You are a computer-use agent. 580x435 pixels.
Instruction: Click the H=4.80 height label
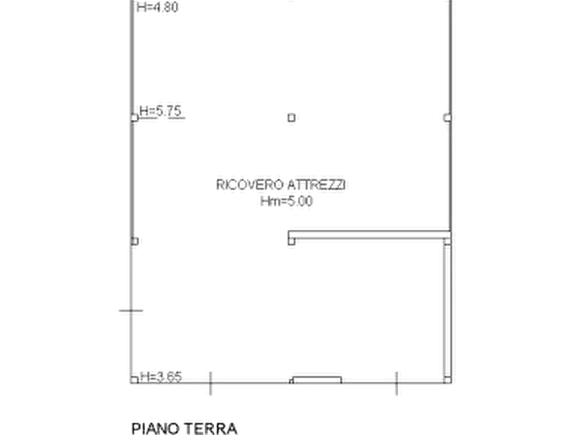(158, 7)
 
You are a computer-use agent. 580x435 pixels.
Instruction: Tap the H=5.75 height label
(160, 110)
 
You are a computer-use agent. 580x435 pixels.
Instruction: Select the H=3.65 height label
(161, 377)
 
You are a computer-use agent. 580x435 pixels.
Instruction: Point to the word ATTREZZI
(317, 184)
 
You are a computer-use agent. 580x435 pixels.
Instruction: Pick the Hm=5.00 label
(286, 201)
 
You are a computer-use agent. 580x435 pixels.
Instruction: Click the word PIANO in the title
(156, 429)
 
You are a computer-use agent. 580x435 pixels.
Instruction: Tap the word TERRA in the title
(210, 429)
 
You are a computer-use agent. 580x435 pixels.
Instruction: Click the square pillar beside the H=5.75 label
(134, 118)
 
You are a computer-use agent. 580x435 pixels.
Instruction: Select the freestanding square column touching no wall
(292, 118)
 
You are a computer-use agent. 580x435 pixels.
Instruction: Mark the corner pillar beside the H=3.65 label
(134, 380)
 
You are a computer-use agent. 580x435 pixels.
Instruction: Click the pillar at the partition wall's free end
(292, 241)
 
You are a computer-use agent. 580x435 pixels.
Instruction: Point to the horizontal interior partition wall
(370, 235)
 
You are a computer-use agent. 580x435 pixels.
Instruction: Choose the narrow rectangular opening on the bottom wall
(317, 380)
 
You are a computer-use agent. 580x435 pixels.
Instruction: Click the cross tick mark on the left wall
(131, 311)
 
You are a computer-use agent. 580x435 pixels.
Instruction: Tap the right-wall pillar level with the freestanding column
(448, 118)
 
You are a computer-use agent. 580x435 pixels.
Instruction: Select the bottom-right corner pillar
(448, 380)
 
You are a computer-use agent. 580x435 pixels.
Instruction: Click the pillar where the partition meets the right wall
(448, 241)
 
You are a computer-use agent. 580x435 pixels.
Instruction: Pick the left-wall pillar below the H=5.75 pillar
(134, 241)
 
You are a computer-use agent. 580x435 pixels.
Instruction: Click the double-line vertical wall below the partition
(448, 310)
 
